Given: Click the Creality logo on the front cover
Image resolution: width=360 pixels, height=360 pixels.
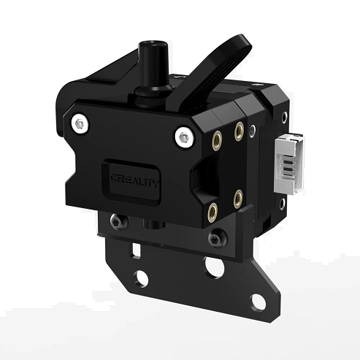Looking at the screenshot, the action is click(x=134, y=180).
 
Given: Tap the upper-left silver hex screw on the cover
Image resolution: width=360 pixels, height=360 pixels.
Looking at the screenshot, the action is click(x=80, y=124).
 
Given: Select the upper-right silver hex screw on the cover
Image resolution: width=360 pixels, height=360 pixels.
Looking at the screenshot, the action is click(x=184, y=137).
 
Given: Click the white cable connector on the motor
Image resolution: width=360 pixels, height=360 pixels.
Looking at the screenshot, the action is click(x=289, y=164).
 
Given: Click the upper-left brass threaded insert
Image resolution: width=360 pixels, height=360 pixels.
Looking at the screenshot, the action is click(x=216, y=141).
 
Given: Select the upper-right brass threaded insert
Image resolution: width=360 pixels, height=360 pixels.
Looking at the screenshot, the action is click(x=239, y=131).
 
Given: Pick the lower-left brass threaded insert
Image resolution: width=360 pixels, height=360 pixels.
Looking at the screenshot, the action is click(x=212, y=212).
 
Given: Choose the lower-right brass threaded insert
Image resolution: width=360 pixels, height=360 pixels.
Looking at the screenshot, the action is click(x=238, y=199).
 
